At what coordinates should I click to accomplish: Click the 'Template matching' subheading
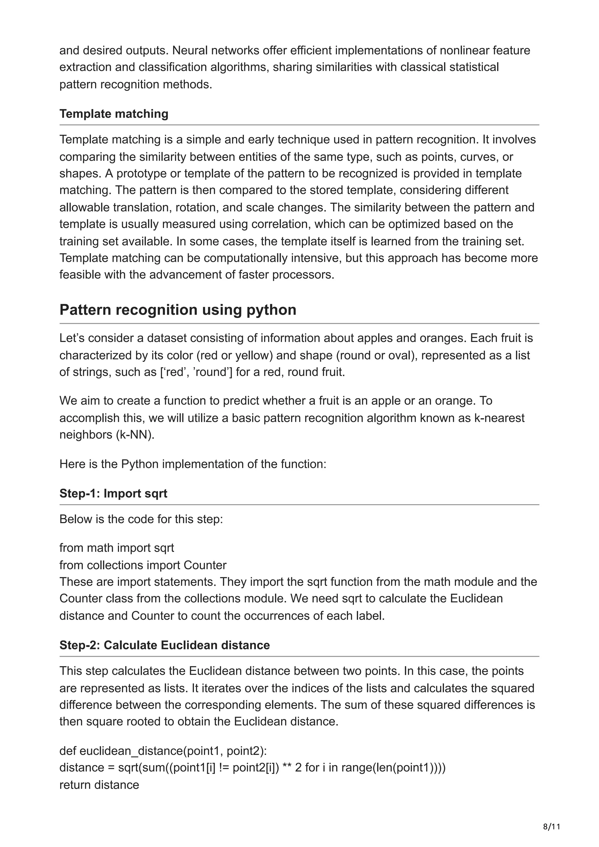tap(114, 114)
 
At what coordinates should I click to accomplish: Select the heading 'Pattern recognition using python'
tap(178, 310)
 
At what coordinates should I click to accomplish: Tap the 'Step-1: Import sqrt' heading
tap(113, 493)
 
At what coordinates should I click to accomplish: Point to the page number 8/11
tap(551, 826)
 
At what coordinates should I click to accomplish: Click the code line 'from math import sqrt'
tap(117, 548)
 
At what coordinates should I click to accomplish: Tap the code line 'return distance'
tap(99, 785)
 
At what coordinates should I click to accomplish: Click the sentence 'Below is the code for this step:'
tap(141, 519)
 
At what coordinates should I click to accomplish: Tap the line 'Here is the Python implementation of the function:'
tap(193, 464)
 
